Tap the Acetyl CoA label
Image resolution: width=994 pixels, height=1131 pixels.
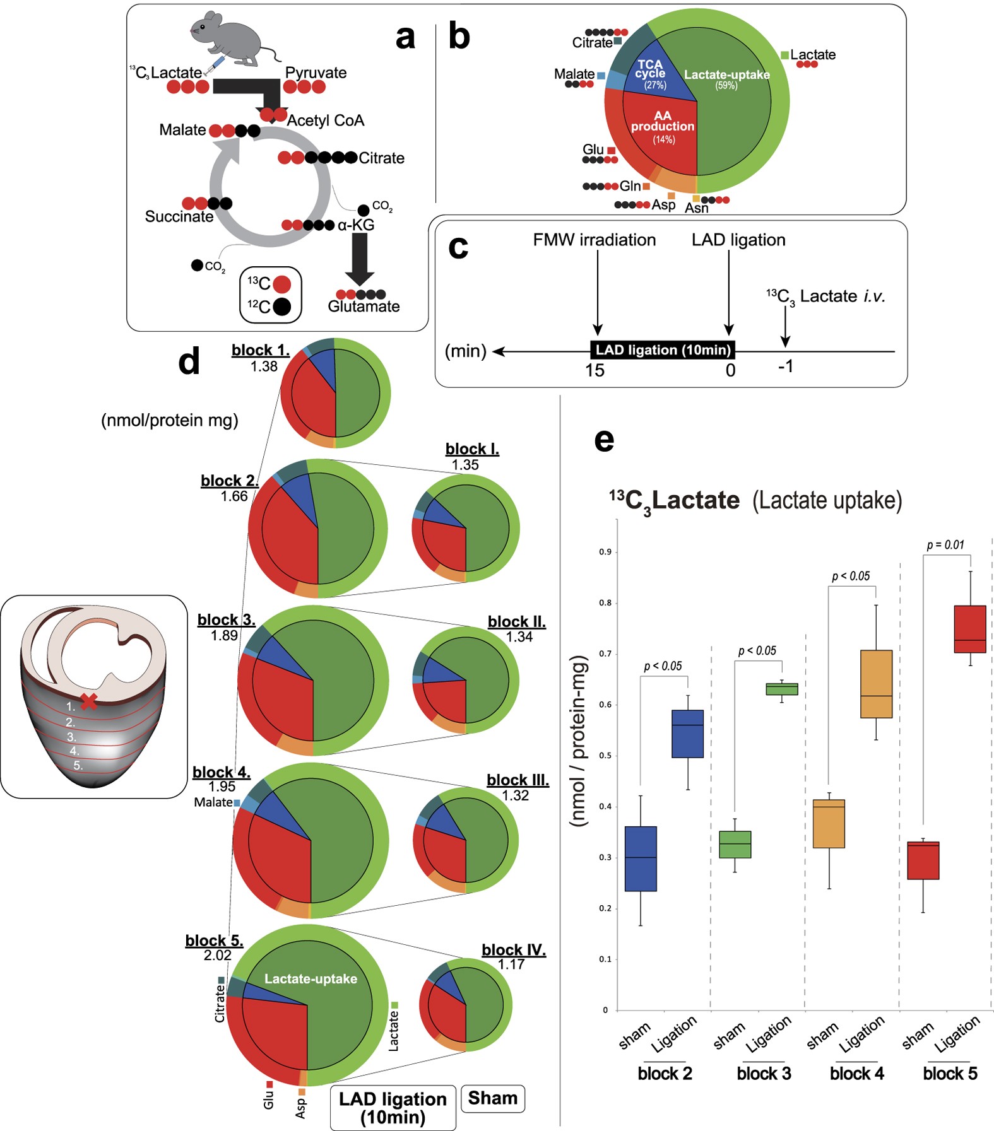[325, 120]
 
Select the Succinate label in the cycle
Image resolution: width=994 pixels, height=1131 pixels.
[179, 216]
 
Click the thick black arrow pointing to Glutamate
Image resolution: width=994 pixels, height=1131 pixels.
[360, 259]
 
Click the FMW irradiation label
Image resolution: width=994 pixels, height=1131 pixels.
[594, 240]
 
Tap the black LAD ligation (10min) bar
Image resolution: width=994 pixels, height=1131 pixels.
[663, 350]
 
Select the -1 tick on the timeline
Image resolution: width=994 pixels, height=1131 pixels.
[785, 366]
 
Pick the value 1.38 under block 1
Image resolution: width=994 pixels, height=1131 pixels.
[263, 366]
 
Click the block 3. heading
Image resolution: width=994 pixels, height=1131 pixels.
[226, 620]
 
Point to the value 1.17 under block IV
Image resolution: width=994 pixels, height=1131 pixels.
[511, 964]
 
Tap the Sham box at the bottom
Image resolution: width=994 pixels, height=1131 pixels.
[493, 1098]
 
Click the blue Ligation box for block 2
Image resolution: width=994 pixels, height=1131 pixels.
[687, 734]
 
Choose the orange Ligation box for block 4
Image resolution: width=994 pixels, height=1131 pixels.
[876, 684]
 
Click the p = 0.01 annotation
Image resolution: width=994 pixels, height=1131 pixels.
[945, 545]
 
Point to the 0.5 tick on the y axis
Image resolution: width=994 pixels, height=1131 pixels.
[605, 756]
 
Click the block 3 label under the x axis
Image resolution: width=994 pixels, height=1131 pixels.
[764, 1074]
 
